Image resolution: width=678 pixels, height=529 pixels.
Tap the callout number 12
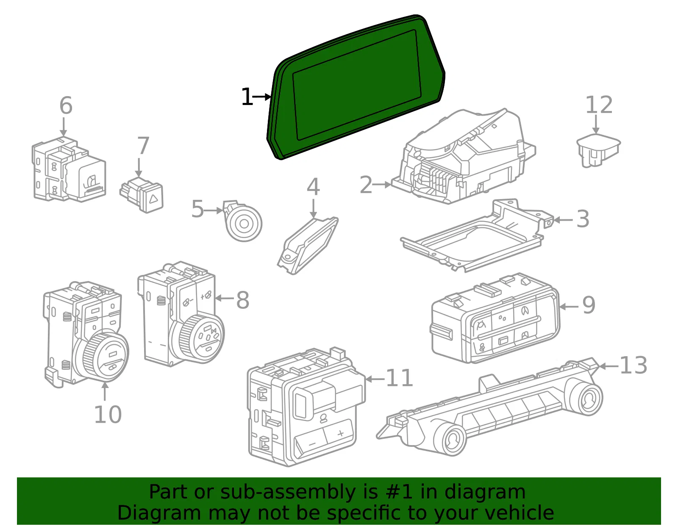coord(599,105)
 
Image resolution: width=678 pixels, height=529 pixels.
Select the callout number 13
coord(634,365)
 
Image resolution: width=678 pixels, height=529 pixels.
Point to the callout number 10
coord(108,414)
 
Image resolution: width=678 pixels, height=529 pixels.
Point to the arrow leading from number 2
coord(382,185)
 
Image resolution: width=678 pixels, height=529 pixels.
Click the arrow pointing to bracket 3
coord(563,220)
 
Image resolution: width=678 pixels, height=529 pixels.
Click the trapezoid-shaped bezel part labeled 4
coord(307,246)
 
